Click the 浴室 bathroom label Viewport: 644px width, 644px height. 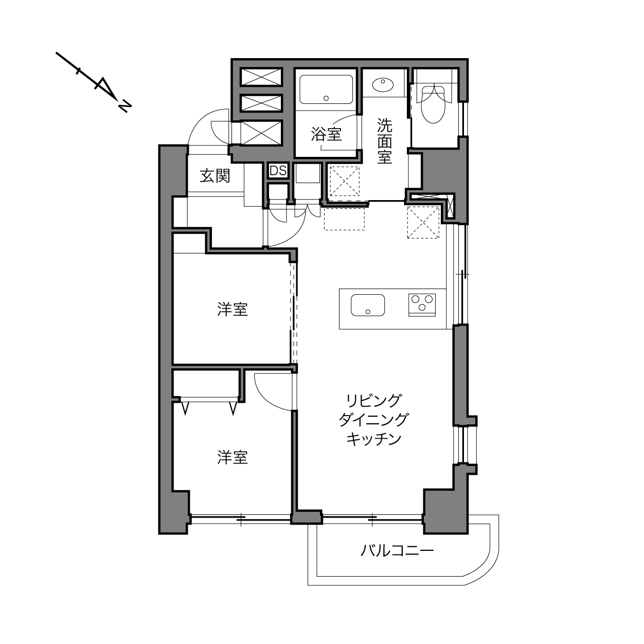[326, 134]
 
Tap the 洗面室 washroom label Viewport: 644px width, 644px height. [385, 141]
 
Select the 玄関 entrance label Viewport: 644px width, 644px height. [215, 176]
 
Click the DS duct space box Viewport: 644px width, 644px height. [278, 171]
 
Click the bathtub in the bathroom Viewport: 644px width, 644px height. [326, 89]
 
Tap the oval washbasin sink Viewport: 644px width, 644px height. [383, 85]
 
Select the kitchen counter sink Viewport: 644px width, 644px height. [368, 305]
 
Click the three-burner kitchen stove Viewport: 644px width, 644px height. [422, 305]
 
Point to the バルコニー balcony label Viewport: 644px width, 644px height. [397, 550]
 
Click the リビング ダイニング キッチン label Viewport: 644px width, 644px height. [373, 420]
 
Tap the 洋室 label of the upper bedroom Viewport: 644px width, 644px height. [232, 309]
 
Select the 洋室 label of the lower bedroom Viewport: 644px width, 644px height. [232, 457]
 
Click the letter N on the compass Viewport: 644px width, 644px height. [124, 106]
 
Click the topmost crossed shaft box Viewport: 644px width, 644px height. [261, 77]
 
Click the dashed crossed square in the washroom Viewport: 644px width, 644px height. [345, 182]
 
